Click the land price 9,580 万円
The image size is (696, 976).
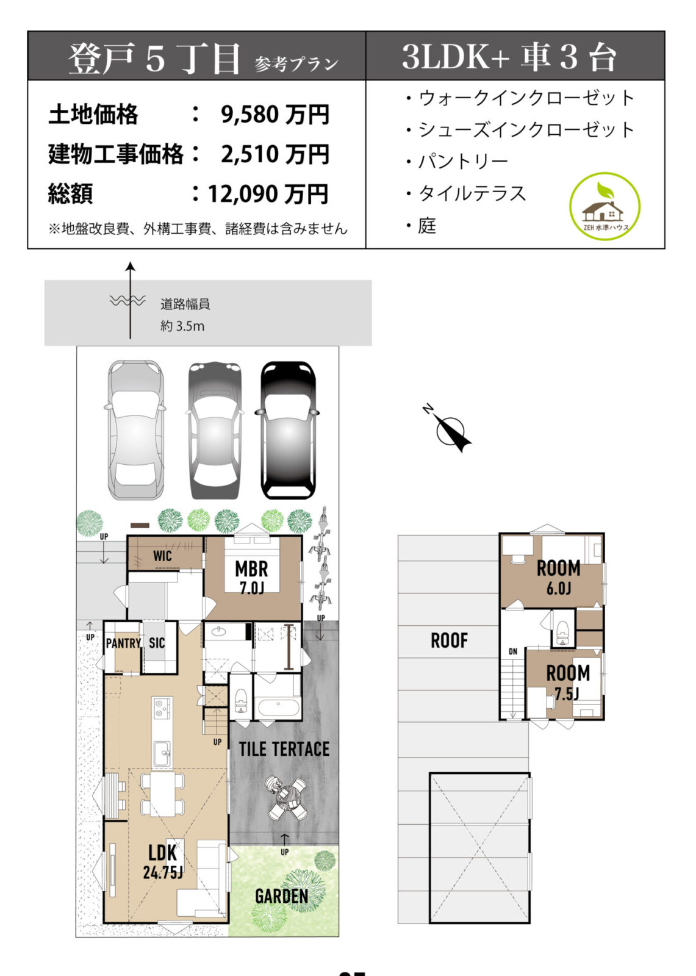click(x=274, y=115)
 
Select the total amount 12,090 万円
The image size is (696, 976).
click(x=268, y=194)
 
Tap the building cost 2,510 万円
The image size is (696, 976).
click(x=274, y=154)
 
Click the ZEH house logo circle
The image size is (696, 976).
click(x=604, y=207)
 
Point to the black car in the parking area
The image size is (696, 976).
click(x=288, y=430)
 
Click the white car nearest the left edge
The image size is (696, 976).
click(x=136, y=430)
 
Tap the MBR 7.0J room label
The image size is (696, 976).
click(x=251, y=577)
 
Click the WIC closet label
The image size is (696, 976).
click(x=162, y=556)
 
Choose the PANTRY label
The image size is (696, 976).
click(x=123, y=643)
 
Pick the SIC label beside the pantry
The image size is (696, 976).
click(x=157, y=643)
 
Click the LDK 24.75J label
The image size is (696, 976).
click(x=163, y=861)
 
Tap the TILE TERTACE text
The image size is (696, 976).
click(x=284, y=749)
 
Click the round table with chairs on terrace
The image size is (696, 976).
click(x=287, y=798)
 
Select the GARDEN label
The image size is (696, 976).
click(x=281, y=896)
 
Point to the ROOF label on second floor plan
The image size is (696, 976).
click(x=449, y=640)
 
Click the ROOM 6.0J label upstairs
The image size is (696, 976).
click(x=558, y=576)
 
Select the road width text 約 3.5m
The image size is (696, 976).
click(x=182, y=326)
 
